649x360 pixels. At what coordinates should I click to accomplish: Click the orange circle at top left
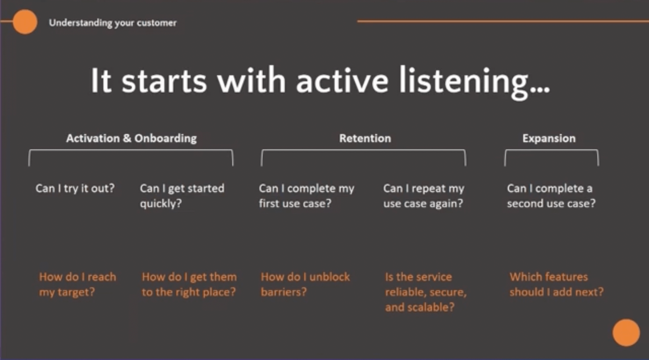[25, 22]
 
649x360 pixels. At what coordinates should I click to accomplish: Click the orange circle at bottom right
[626, 333]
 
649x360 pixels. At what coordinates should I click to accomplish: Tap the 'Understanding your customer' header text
[113, 23]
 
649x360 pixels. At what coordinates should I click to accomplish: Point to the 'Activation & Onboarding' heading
[131, 138]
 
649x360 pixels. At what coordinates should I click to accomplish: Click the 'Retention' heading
[365, 138]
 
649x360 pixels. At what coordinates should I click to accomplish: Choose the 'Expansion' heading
[548, 138]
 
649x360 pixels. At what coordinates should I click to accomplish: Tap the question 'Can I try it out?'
[75, 188]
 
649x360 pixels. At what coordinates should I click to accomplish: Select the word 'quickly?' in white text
[160, 203]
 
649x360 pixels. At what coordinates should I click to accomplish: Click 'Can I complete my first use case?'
[306, 196]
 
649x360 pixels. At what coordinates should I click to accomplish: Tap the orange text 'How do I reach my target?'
[78, 284]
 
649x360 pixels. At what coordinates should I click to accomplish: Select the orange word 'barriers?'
[283, 292]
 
